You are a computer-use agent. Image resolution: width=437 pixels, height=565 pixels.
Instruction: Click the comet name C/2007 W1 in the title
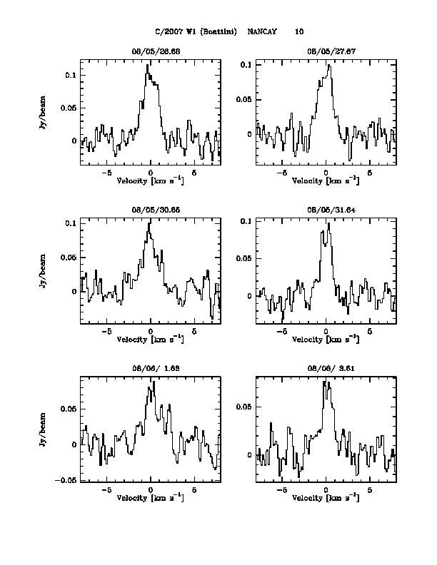pos(179,31)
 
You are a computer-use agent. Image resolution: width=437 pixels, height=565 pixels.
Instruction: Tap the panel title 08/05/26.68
pos(151,51)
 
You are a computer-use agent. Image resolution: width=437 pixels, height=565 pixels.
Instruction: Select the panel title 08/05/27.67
pos(326,51)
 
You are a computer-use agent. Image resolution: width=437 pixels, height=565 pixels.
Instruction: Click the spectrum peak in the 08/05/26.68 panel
pos(148,65)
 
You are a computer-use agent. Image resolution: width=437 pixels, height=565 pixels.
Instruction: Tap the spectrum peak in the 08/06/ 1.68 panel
pos(153,382)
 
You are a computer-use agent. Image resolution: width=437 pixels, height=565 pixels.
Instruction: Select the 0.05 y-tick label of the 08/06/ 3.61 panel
pos(243,406)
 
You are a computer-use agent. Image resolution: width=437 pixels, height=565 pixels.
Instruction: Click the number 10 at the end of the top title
pos(298,31)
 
